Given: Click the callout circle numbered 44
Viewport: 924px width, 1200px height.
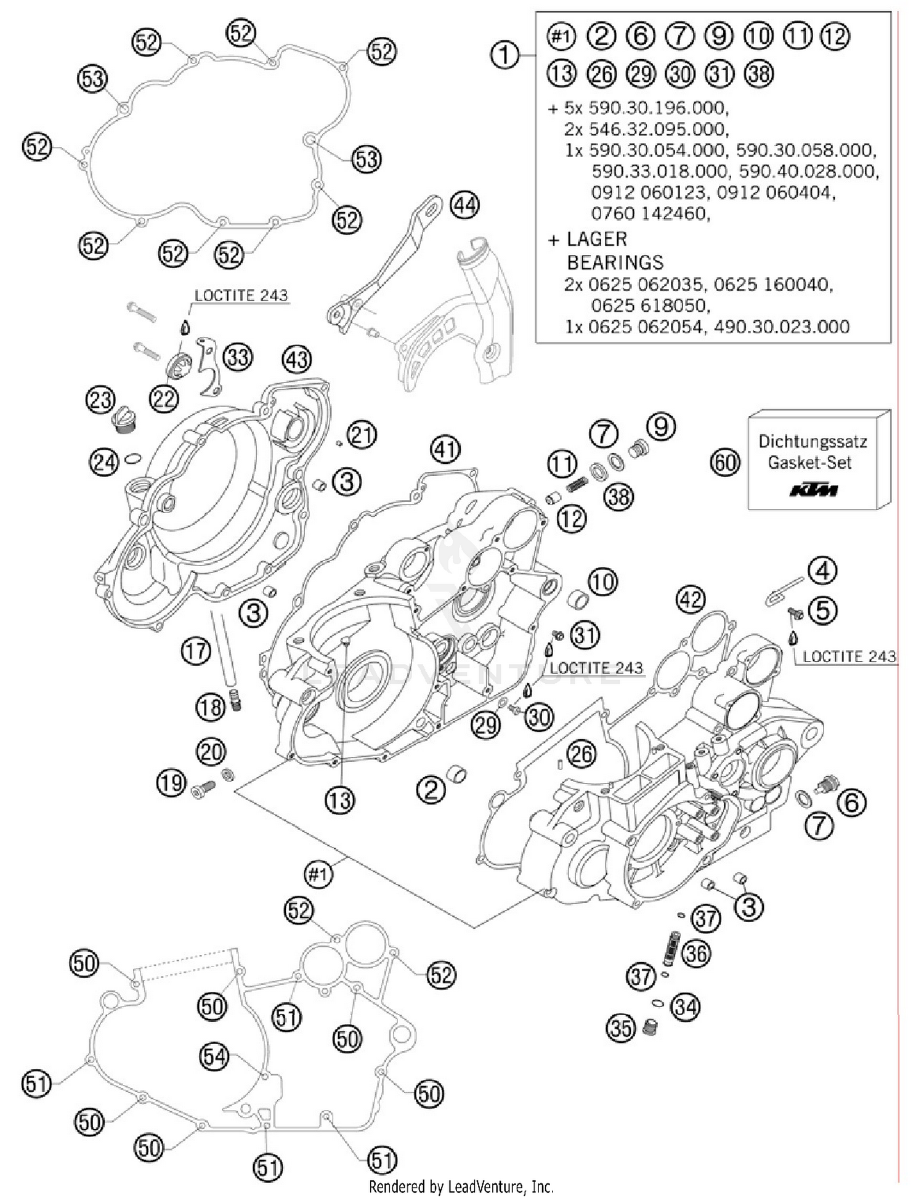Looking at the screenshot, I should pos(464,205).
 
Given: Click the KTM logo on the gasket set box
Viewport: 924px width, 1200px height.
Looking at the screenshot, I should pos(814,490).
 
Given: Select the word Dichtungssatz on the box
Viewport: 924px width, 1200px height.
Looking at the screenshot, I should pos(813,441).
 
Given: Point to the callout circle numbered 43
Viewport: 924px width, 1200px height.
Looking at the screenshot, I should pos(297,359).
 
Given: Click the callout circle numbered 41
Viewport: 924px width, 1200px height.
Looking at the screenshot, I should pos(445,449).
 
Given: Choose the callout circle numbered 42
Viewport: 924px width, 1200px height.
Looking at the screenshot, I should pos(690,598).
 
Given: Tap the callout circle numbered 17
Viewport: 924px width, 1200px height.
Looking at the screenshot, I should pos(196,651).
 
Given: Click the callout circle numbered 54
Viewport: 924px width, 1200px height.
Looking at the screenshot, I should pos(214,1057).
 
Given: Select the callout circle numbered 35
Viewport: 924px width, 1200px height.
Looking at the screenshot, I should pos(620,1028).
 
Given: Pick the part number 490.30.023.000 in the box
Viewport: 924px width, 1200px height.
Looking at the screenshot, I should pos(781,326).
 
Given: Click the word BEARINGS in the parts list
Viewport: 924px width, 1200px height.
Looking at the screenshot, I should pos(615,263).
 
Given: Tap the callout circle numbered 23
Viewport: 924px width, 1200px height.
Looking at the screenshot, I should pos(100,400).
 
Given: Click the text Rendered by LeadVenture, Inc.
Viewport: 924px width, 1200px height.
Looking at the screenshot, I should pos(461,1186).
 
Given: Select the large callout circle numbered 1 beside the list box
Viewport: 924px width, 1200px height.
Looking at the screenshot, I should pos(505,55).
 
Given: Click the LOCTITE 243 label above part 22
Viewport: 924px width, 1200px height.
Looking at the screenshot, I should pos(241,296).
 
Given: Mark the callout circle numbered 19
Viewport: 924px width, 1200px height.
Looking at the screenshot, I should pos(171,783).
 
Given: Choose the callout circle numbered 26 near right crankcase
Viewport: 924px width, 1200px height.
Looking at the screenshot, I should pos(582,753).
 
